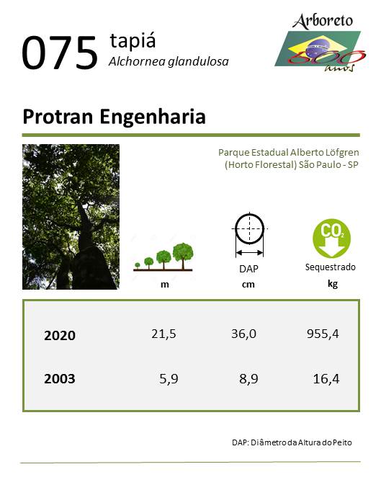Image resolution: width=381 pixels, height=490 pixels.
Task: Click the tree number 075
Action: point(59,53)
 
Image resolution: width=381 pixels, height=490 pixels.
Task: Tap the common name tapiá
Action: point(133,40)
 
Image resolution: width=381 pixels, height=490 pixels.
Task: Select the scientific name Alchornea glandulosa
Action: point(169,61)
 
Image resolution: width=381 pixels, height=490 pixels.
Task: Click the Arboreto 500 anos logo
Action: point(321,43)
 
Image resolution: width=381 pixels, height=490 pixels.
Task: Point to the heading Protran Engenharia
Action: point(114,117)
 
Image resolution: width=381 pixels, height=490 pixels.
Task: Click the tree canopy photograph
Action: point(71,217)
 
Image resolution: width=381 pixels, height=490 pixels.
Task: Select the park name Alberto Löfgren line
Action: point(289,153)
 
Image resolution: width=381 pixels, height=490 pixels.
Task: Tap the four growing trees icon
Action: point(163,257)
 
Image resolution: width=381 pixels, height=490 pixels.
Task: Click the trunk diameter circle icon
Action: point(249,234)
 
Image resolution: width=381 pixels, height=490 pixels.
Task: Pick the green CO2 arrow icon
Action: point(331,239)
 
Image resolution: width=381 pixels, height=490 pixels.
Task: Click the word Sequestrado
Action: point(330,267)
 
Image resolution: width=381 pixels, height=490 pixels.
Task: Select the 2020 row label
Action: point(60,336)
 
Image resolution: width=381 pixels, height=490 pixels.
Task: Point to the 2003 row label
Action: point(60,379)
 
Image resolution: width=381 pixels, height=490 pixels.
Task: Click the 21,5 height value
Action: point(163,334)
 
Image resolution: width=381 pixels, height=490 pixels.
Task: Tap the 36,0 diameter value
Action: point(243,334)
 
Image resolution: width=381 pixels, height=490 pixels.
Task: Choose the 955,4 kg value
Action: point(323,334)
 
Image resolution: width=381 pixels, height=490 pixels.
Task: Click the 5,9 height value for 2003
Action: point(169,379)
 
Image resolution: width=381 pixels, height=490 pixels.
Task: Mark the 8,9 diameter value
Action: point(248,379)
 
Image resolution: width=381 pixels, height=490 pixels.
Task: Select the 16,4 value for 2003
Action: point(326,379)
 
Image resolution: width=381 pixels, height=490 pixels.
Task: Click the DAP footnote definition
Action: point(292,442)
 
